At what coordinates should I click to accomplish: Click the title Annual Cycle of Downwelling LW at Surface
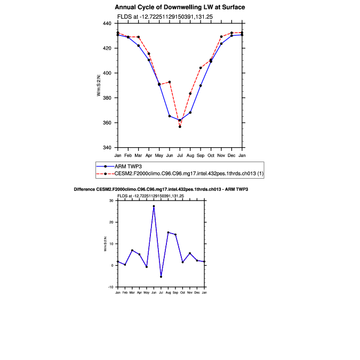click(x=180, y=7)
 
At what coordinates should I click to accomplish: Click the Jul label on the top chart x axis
click(x=180, y=155)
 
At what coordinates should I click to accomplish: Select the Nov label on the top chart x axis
click(x=221, y=155)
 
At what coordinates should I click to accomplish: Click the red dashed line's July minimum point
click(x=180, y=126)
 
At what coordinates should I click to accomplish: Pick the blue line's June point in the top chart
click(x=170, y=116)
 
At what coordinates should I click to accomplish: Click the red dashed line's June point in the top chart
click(x=170, y=82)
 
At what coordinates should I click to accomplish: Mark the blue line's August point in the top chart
click(x=190, y=112)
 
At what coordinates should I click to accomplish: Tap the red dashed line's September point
click(x=201, y=68)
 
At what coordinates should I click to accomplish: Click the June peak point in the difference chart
click(x=154, y=206)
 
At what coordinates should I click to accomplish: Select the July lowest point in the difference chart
click(x=161, y=276)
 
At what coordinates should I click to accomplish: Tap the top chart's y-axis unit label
click(x=99, y=85)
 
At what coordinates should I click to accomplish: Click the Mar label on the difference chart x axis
click(x=132, y=293)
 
